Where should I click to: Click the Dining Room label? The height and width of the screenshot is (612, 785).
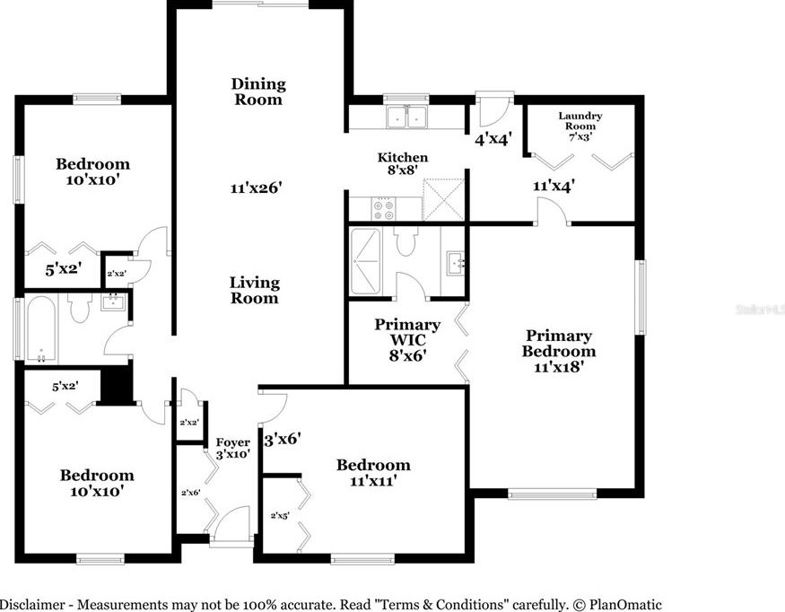tap(258, 92)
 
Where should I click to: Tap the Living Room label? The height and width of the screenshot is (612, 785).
tap(255, 290)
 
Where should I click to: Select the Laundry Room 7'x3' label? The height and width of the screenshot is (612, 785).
tap(580, 125)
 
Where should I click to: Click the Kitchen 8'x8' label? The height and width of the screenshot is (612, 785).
tap(402, 164)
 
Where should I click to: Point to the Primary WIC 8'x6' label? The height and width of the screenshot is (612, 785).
tap(407, 339)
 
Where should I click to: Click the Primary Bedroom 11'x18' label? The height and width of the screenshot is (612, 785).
tap(558, 350)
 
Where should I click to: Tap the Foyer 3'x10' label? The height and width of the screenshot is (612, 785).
tap(232, 448)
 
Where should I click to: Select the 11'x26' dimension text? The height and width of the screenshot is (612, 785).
tap(257, 188)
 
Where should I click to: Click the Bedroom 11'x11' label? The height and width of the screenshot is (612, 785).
tap(373, 472)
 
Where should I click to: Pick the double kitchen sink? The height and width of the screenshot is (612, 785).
tap(406, 117)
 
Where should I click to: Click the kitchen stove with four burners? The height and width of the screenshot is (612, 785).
tap(384, 208)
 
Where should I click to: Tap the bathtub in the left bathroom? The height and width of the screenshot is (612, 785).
tap(41, 328)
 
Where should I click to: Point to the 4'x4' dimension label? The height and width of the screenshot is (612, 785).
tap(493, 140)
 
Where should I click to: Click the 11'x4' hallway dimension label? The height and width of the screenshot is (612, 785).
tap(553, 187)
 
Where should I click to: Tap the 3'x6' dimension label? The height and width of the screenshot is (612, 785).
tap(281, 440)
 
